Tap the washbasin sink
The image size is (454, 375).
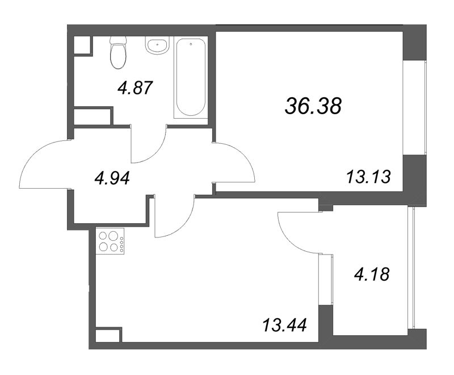point(157,45)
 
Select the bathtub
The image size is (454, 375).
point(191,77)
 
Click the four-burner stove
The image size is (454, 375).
point(110,241)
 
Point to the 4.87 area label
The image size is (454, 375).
point(135,88)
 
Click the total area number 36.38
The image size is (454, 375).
point(313,106)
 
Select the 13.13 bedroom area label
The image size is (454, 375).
point(368,177)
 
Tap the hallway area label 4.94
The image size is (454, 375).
point(112,178)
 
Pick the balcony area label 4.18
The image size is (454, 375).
point(372,274)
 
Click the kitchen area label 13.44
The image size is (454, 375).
point(284,325)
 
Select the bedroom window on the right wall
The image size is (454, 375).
point(415,108)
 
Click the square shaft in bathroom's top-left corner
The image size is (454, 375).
point(82,45)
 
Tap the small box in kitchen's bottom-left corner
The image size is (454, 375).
point(108,335)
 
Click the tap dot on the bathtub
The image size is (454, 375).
point(191,44)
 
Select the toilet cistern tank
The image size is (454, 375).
point(119,40)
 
